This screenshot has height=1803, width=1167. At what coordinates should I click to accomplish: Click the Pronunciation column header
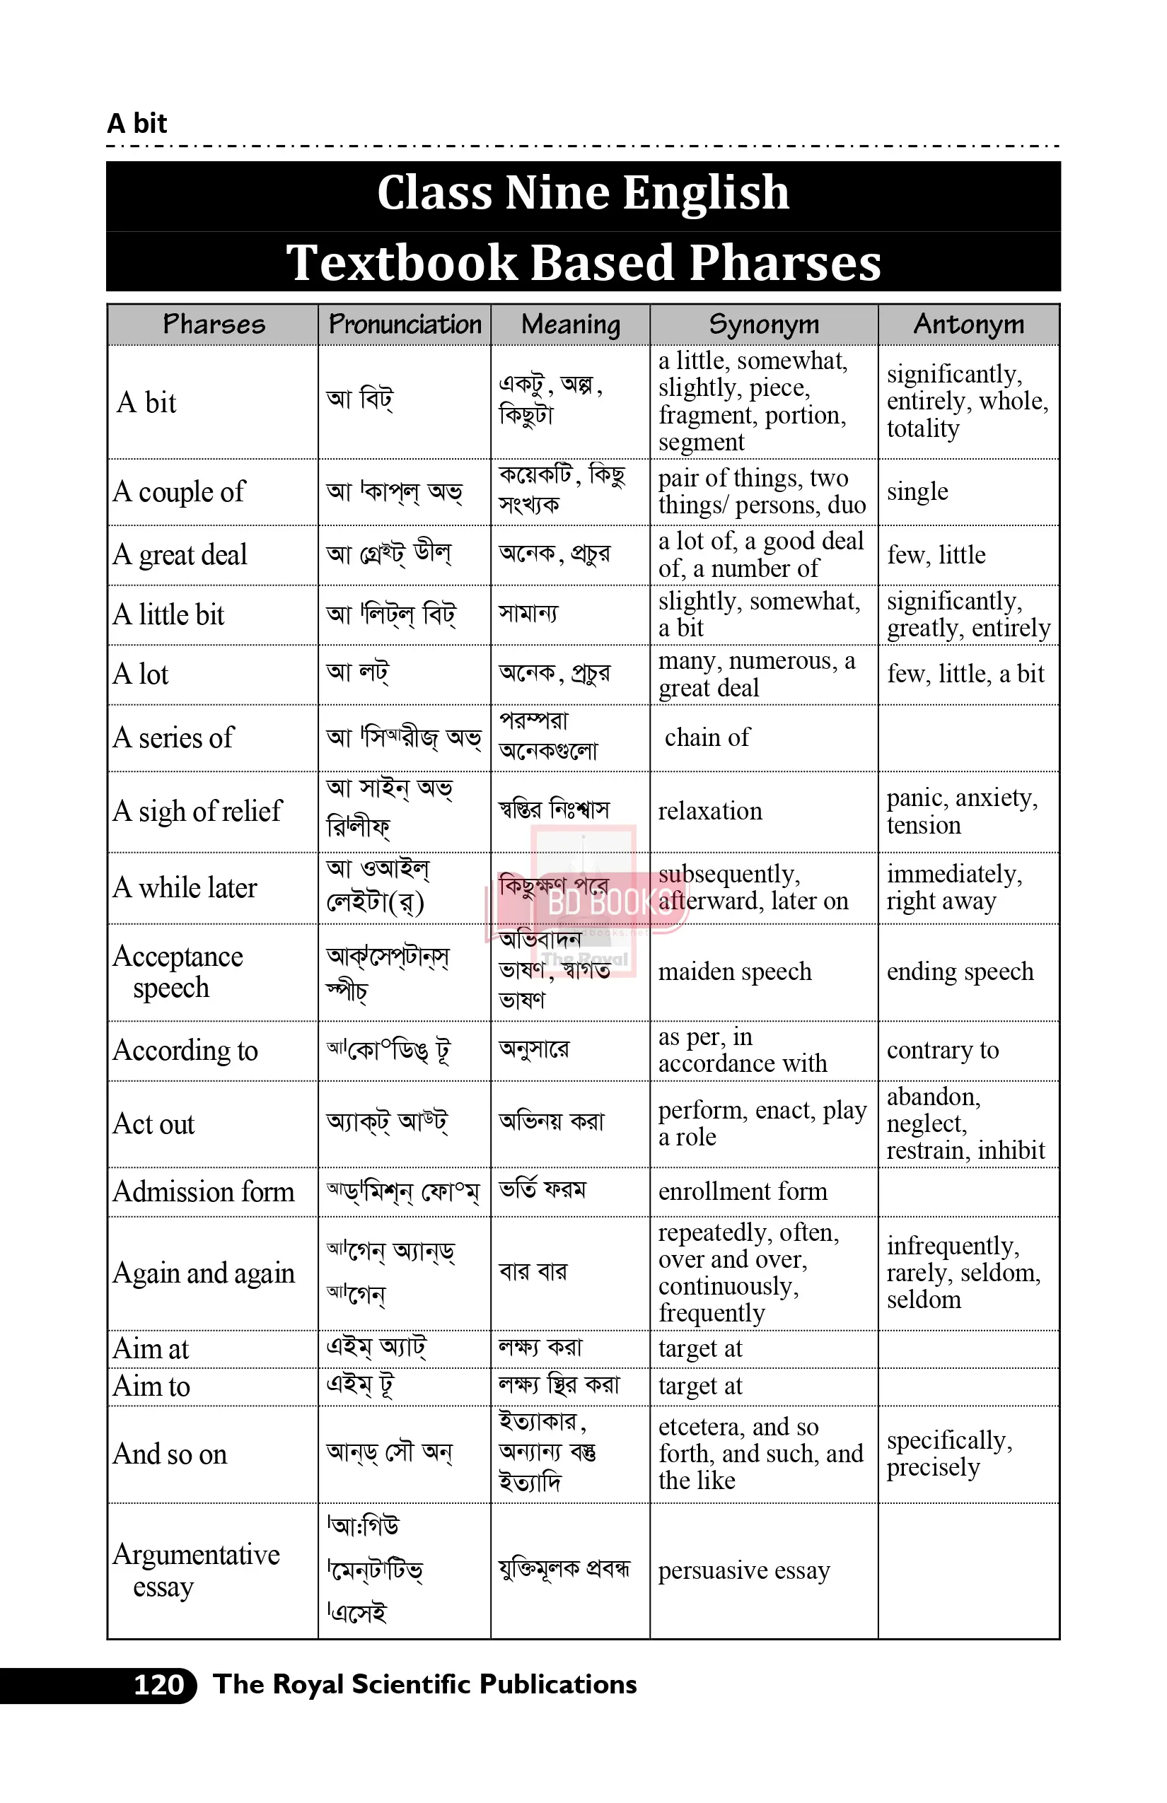click(x=405, y=325)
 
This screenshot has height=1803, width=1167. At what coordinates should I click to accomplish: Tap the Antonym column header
click(x=968, y=325)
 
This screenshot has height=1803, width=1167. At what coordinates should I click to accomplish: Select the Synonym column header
click(x=764, y=325)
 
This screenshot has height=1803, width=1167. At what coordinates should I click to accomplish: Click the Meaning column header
click(x=571, y=325)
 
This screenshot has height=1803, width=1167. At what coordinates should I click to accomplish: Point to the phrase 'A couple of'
click(x=180, y=491)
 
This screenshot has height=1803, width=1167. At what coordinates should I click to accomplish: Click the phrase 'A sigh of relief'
click(x=197, y=812)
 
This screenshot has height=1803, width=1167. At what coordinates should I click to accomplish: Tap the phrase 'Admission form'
click(x=203, y=1191)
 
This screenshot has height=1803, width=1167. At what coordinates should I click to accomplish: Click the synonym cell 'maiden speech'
click(x=734, y=971)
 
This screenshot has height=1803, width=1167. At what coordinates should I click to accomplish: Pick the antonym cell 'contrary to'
click(x=943, y=1050)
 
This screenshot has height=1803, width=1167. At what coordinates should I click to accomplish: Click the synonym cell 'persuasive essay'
click(x=743, y=1570)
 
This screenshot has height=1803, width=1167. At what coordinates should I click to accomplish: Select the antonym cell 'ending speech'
click(x=959, y=971)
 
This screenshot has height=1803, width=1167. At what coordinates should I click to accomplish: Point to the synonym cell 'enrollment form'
click(x=743, y=1191)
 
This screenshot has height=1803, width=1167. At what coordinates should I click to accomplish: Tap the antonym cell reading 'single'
click(x=917, y=491)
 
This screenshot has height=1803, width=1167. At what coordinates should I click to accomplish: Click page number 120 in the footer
click(x=159, y=1684)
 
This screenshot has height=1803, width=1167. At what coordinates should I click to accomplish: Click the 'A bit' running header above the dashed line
click(x=137, y=123)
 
